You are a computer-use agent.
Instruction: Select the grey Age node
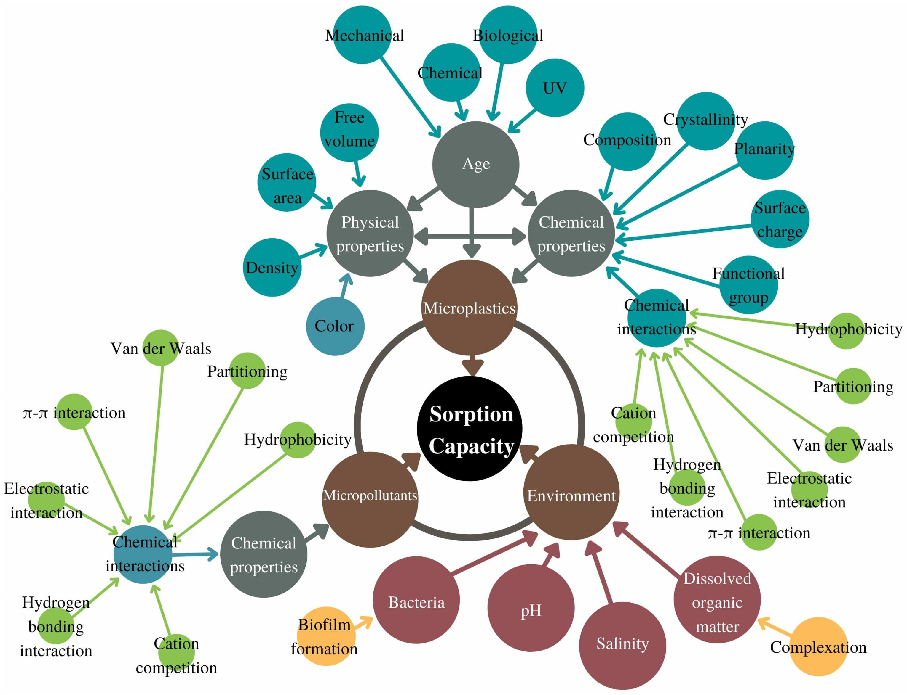(x=475, y=164)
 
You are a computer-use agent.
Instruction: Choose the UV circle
(x=555, y=88)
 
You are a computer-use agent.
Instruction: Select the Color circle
(x=335, y=326)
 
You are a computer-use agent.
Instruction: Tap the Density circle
(x=272, y=267)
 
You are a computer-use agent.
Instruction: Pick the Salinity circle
(x=622, y=644)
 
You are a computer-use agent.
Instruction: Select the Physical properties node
(x=370, y=233)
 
